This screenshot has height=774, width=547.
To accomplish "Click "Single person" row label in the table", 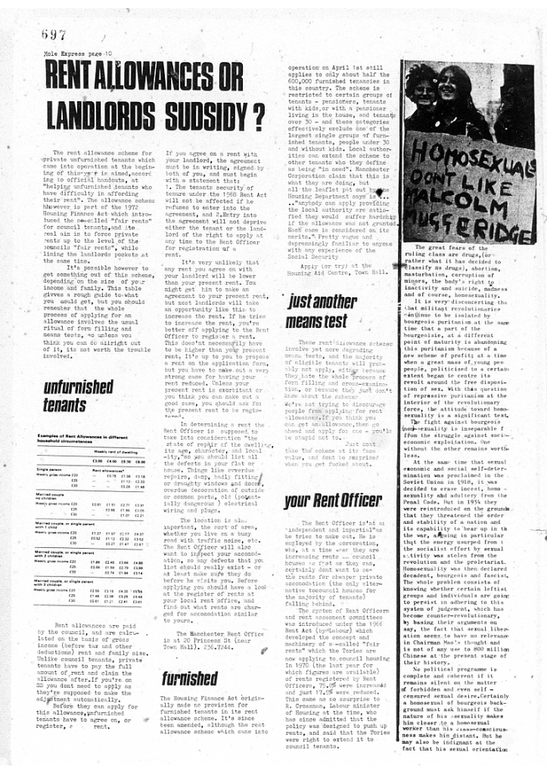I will pos(49,469).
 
